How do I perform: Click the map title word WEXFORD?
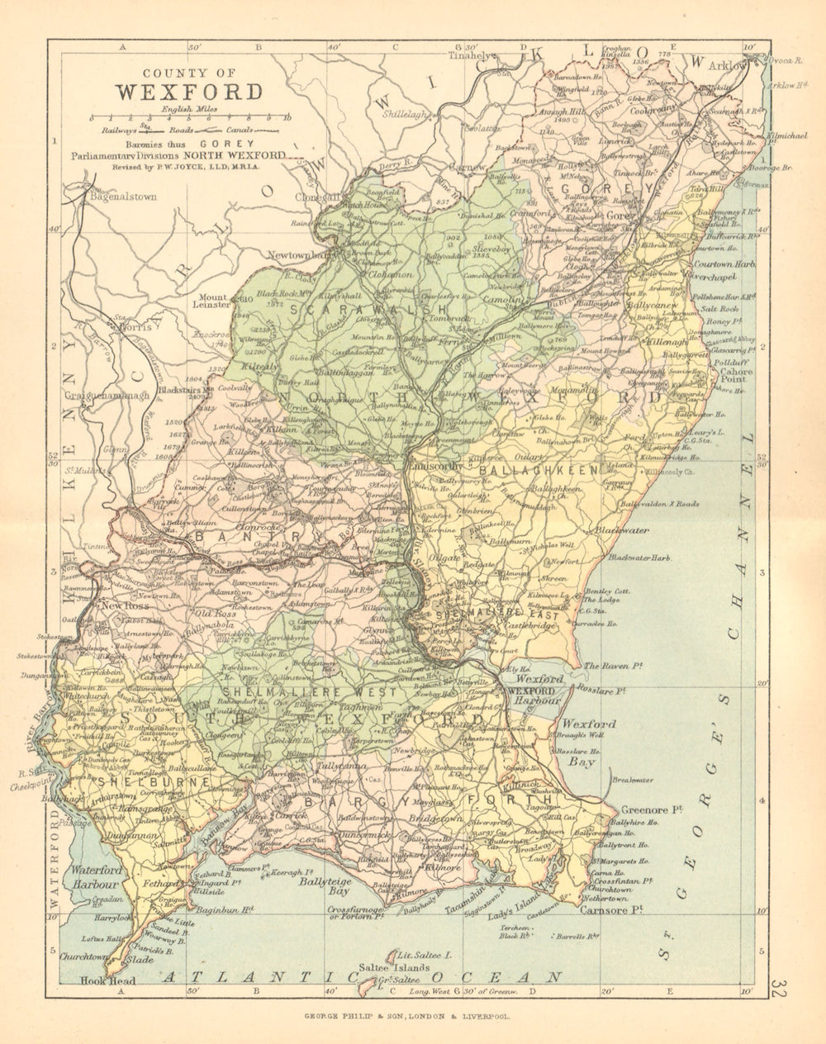(x=188, y=91)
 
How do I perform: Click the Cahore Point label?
(x=736, y=376)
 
